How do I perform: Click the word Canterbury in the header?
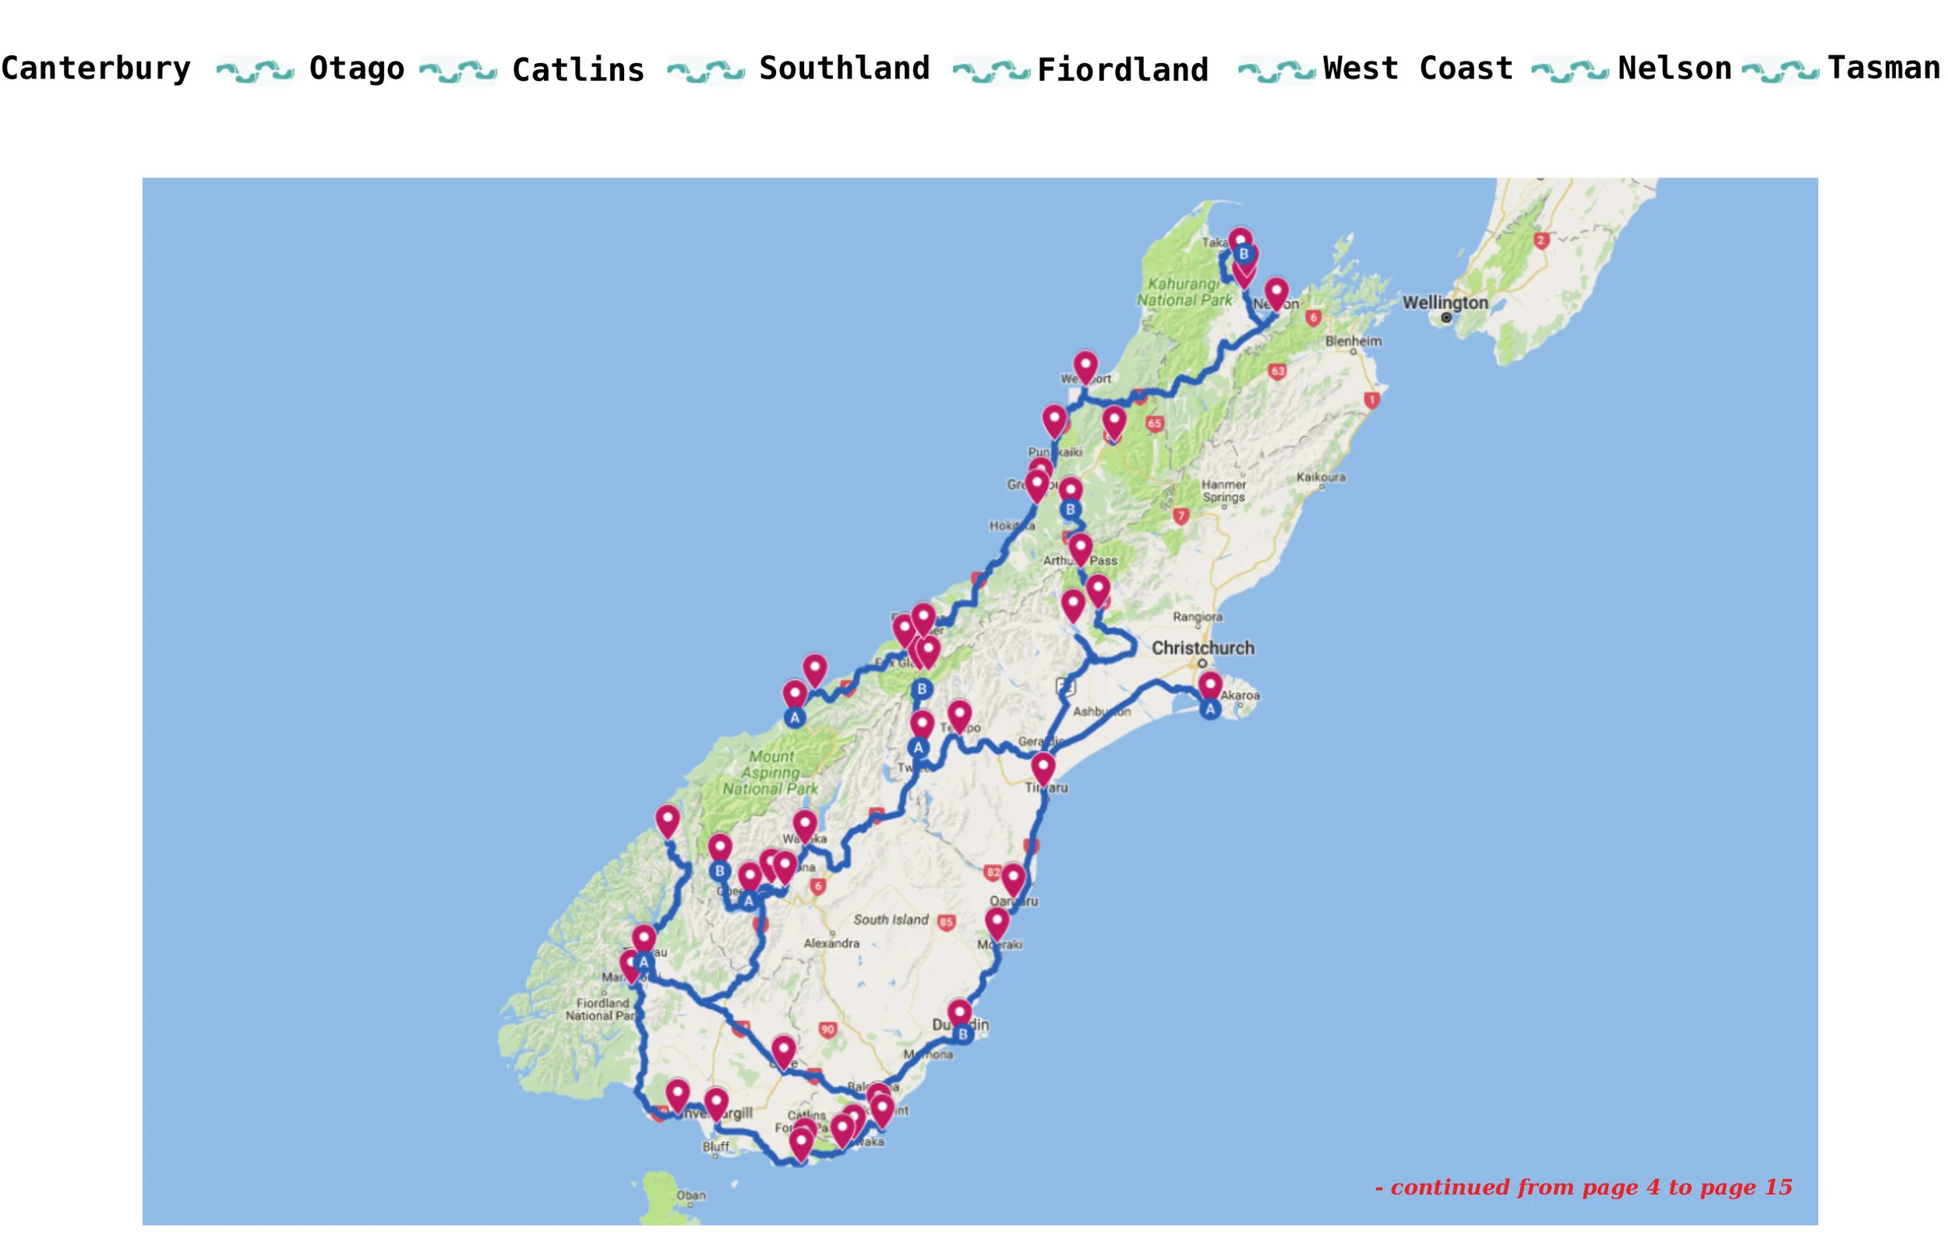(x=96, y=69)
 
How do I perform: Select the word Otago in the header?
(x=357, y=69)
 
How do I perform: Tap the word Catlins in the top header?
(x=578, y=70)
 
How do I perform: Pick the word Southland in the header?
(x=844, y=69)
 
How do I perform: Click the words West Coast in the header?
(x=1417, y=69)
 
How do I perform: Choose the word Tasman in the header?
(x=1883, y=69)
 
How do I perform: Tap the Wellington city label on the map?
(x=1445, y=303)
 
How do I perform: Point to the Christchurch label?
(x=1202, y=648)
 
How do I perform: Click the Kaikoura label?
(x=1321, y=477)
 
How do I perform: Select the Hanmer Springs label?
(x=1223, y=491)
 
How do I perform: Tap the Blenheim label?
(x=1353, y=341)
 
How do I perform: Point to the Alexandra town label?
(x=831, y=943)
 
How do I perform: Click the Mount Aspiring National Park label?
(x=771, y=773)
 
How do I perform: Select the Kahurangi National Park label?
(x=1184, y=292)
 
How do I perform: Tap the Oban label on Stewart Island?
(x=690, y=1195)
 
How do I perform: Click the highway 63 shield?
(x=1277, y=372)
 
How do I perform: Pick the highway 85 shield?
(x=946, y=922)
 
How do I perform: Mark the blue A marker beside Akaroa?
(x=1209, y=709)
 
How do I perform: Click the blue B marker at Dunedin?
(x=962, y=1034)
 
